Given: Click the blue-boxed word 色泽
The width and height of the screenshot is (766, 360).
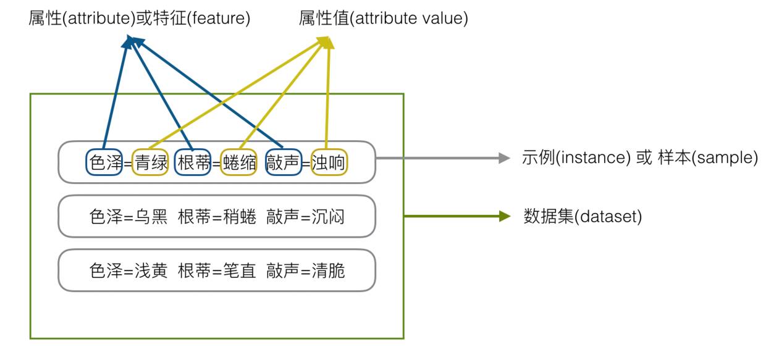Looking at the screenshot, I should click(x=103, y=163).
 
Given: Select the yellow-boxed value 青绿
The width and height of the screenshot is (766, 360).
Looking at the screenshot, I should click(x=151, y=163).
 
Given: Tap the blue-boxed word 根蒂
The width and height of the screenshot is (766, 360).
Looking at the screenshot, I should click(x=193, y=163).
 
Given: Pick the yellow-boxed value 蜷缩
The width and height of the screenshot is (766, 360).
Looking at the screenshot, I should click(x=238, y=163).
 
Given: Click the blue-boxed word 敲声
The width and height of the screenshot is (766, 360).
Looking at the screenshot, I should click(x=283, y=163).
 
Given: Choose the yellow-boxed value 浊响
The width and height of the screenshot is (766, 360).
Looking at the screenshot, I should click(x=329, y=163).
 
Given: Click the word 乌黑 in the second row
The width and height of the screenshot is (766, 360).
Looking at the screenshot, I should click(x=151, y=217).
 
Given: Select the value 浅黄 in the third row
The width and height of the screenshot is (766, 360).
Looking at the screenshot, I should click(x=151, y=270).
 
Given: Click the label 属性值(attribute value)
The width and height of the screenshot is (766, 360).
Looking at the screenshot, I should click(x=383, y=19).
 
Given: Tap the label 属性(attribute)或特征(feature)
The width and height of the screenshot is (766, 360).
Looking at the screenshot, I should click(x=140, y=19).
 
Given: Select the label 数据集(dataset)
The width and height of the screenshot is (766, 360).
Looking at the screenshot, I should click(x=583, y=217).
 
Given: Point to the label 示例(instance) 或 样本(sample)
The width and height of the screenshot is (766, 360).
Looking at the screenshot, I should click(x=639, y=158).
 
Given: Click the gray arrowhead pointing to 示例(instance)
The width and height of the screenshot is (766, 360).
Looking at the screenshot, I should click(x=503, y=158).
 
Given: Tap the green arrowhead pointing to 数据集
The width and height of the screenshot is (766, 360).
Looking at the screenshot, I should click(x=504, y=217).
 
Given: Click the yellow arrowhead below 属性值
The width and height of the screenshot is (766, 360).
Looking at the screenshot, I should click(x=326, y=42).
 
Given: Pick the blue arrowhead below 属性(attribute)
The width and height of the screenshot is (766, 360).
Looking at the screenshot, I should click(x=130, y=41).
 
